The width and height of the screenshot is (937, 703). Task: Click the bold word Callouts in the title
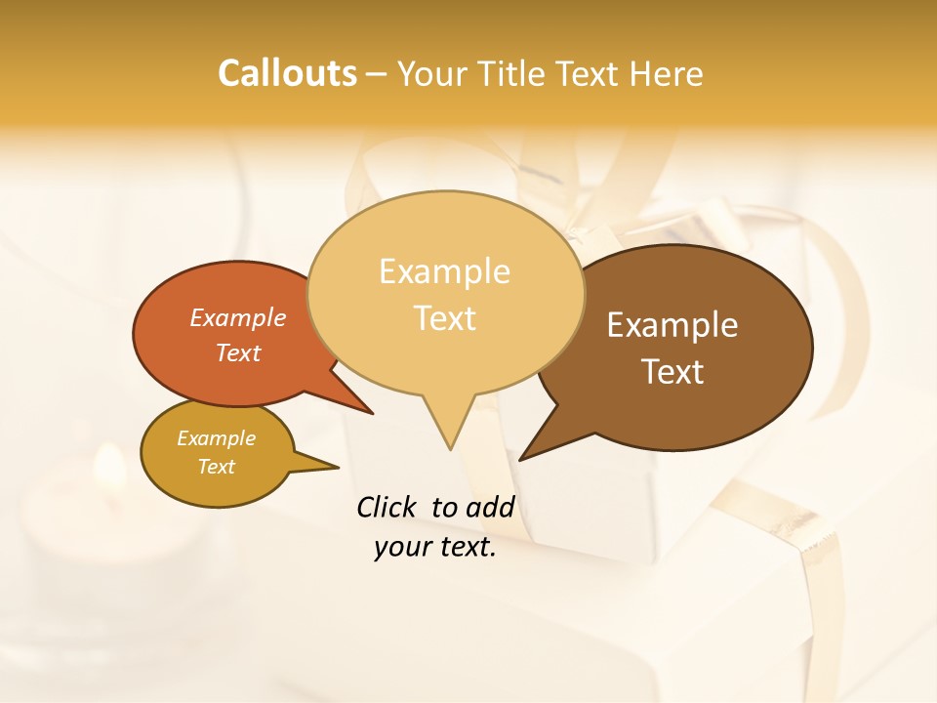(x=287, y=73)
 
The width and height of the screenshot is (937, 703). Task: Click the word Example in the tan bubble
(x=444, y=271)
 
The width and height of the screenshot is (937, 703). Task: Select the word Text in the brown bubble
(x=672, y=372)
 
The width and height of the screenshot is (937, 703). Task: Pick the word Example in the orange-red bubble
(x=238, y=317)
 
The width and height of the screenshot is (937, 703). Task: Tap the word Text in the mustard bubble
(x=217, y=467)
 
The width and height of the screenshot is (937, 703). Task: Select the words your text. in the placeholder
(x=435, y=548)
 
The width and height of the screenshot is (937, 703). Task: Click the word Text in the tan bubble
(x=445, y=318)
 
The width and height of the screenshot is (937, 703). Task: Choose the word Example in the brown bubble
(x=672, y=325)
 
